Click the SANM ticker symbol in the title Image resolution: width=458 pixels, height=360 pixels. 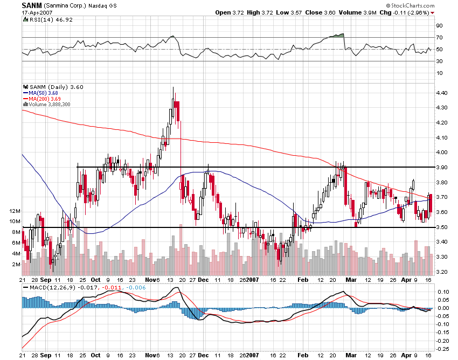(x=29, y=5)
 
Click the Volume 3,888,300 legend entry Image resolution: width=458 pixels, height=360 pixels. (x=52, y=103)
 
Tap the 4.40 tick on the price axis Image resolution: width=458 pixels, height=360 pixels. (x=442, y=93)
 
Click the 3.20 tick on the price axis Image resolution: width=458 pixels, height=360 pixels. (x=442, y=272)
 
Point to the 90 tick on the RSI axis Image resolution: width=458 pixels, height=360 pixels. (x=439, y=26)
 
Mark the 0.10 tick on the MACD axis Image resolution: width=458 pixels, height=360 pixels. (x=442, y=292)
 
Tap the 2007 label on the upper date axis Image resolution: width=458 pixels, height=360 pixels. (x=253, y=280)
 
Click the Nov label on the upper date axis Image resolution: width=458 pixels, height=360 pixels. (x=150, y=280)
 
